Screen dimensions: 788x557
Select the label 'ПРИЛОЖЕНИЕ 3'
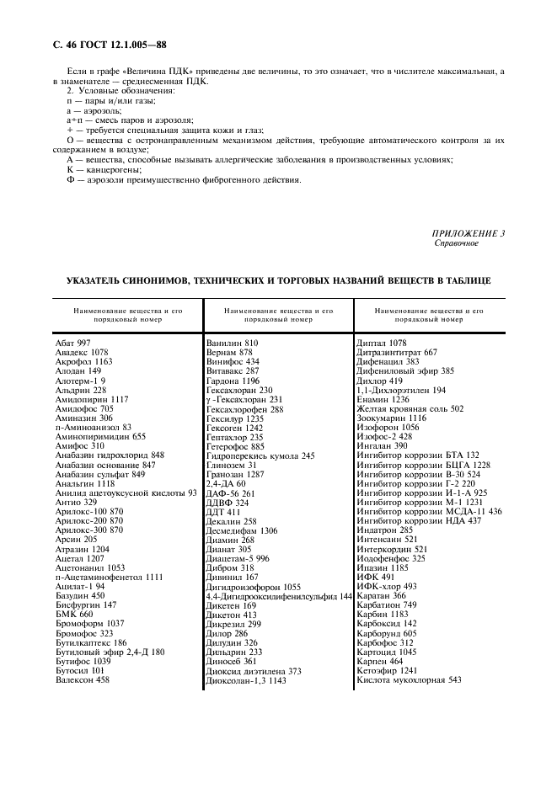469,233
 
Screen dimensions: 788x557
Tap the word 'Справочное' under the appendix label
456,243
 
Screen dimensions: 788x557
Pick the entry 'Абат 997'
72,343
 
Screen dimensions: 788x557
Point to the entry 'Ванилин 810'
232,343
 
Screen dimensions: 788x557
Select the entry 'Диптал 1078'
381,343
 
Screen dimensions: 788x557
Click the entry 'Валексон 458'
83,679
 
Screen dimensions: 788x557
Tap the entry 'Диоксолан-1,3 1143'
246,680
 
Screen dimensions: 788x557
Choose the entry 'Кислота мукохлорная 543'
409,679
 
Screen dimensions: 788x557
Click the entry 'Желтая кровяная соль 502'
410,408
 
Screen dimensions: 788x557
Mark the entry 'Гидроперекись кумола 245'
260,455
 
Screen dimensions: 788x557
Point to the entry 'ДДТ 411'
223,512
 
